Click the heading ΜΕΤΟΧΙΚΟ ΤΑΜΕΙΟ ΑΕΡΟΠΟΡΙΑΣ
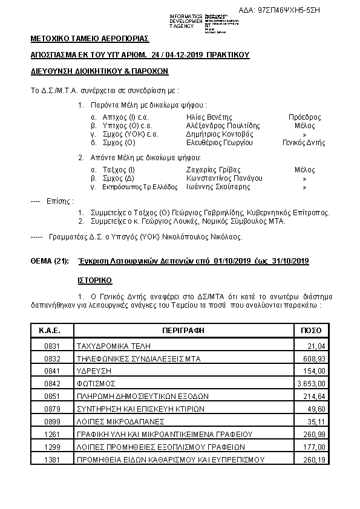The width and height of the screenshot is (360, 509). (x=89, y=38)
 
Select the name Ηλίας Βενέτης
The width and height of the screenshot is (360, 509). (x=209, y=117)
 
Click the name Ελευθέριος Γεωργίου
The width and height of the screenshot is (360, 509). (x=220, y=143)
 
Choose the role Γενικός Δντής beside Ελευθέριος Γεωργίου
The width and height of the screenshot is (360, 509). (x=304, y=143)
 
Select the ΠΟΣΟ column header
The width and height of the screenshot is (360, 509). (x=312, y=331)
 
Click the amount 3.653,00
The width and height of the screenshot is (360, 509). (x=312, y=383)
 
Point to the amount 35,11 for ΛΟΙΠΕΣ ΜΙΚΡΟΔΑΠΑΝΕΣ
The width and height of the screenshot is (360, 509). (x=318, y=421)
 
